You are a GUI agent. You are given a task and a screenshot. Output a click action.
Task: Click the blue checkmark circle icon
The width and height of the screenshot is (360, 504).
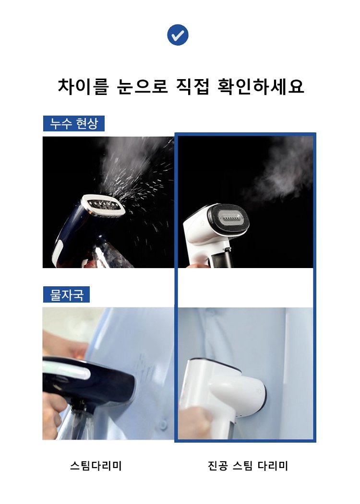(x=178, y=35)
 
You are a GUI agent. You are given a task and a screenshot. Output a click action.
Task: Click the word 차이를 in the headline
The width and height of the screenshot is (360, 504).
(x=84, y=86)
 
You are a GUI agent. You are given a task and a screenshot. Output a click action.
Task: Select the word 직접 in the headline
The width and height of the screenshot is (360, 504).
(x=193, y=86)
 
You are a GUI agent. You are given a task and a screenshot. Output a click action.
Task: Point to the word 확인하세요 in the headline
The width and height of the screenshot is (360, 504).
(x=261, y=86)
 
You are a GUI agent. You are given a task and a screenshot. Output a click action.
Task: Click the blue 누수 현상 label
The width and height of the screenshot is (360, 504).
(x=73, y=123)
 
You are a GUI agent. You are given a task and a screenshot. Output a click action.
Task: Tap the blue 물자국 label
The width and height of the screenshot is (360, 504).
(x=66, y=294)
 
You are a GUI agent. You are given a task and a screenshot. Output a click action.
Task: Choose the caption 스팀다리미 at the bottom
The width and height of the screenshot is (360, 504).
(x=96, y=466)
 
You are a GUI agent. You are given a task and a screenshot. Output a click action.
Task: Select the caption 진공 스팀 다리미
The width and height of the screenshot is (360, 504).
(x=248, y=466)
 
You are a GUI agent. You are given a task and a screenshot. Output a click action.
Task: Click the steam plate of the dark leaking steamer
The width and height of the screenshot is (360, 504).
(x=103, y=206)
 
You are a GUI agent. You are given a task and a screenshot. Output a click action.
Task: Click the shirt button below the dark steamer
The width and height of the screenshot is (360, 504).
(x=164, y=425)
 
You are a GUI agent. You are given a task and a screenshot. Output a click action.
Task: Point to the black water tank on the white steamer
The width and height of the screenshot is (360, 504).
(x=222, y=259)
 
